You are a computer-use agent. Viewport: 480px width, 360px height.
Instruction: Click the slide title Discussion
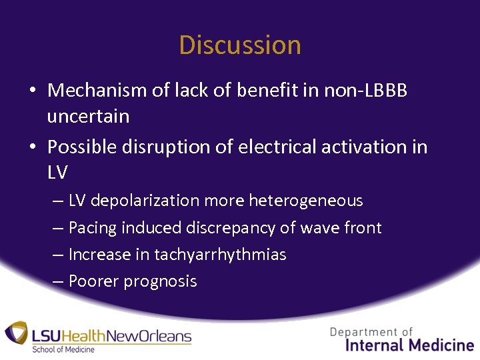(x=240, y=45)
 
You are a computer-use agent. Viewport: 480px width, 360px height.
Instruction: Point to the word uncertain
(x=88, y=116)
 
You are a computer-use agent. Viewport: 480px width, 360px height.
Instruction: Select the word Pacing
(x=91, y=228)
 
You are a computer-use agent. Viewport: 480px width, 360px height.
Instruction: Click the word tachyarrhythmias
(x=220, y=255)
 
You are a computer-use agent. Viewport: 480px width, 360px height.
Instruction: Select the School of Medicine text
(x=64, y=349)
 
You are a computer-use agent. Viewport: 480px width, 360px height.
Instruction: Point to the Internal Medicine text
(x=410, y=345)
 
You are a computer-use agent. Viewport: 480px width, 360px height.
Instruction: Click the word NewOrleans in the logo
(x=153, y=336)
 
